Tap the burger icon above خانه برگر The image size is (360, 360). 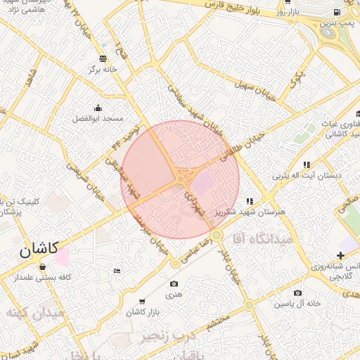tap(103, 58)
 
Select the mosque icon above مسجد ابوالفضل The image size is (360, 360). tap(97, 108)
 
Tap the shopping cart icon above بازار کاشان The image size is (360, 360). tap(143, 301)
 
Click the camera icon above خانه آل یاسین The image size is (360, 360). tap(297, 292)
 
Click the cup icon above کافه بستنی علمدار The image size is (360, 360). tap(44, 266)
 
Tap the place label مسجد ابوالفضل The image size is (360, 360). tap(97, 119)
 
